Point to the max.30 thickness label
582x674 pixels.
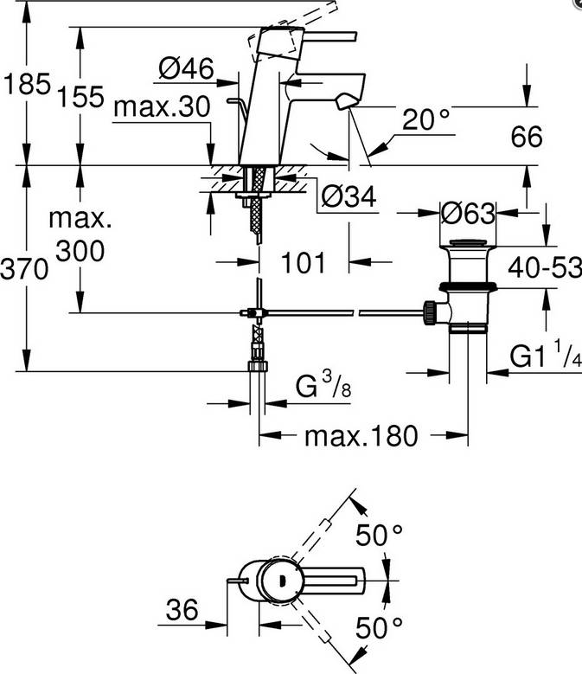[162, 107]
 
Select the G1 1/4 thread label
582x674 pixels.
[543, 356]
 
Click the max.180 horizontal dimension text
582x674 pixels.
[361, 434]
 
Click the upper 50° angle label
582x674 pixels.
[381, 536]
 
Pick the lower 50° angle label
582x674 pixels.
[381, 625]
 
